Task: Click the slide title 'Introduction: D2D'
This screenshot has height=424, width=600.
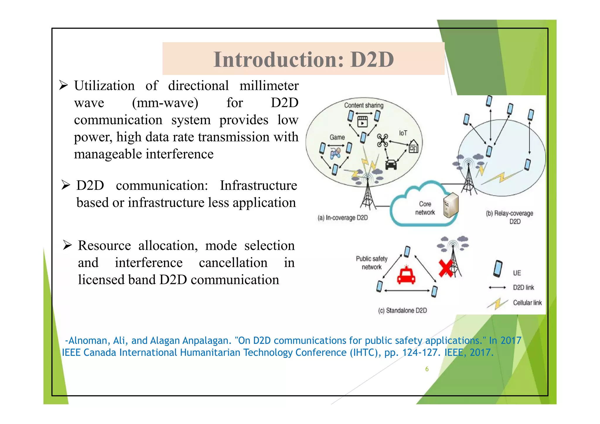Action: point(304,59)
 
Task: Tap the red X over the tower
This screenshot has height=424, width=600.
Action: point(446,268)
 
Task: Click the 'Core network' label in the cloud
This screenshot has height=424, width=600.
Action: point(425,208)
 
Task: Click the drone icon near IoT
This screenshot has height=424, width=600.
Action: point(382,140)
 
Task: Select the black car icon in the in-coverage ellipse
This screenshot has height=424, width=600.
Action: point(391,165)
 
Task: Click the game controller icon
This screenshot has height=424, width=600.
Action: point(335,153)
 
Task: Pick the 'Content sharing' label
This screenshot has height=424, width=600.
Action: point(364,105)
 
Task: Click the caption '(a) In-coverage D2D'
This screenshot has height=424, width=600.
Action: point(342,218)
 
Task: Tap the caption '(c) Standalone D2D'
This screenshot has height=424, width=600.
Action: point(402,310)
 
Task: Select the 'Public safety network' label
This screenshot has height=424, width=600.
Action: point(371,263)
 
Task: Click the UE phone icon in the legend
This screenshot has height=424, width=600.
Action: point(497,269)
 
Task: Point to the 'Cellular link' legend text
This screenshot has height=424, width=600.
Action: point(527,303)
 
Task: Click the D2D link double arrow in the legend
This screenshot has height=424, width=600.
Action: point(497,288)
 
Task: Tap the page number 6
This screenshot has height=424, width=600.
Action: point(427,369)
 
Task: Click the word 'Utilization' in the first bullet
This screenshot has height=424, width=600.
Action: point(104,86)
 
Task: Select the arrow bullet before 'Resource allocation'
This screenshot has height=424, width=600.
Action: point(67,245)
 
